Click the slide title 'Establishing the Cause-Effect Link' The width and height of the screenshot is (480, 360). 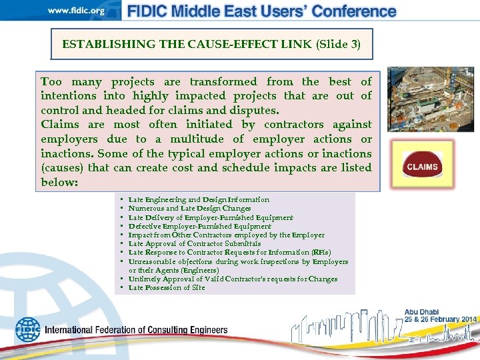pos(187,45)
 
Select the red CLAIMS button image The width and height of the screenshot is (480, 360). pos(422,167)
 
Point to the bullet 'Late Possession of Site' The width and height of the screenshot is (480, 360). pos(167,288)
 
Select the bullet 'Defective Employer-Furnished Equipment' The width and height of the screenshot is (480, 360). pos(199,226)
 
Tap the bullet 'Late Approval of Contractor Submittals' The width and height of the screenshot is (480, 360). pos(195,244)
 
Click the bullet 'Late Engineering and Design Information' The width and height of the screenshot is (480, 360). pos(199,199)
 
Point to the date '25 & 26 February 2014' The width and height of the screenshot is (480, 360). pos(440,320)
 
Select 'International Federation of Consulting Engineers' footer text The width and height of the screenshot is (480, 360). pos(136,330)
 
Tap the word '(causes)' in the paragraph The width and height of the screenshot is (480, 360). pos(63,168)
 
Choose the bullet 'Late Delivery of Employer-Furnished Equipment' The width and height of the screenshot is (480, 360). pos(211,217)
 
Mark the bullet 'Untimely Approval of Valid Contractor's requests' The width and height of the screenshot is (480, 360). pos(233,279)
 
